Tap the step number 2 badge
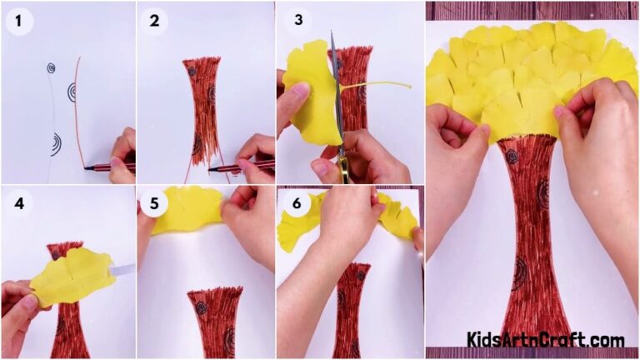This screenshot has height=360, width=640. [154, 21]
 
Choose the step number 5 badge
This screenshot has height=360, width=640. [154, 203]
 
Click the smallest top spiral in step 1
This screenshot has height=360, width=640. [51, 67]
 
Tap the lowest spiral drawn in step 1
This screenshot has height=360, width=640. [55, 145]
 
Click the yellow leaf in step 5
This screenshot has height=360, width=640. [187, 209]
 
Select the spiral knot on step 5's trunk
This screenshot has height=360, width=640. [202, 307]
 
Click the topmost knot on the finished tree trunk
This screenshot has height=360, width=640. [510, 156]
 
